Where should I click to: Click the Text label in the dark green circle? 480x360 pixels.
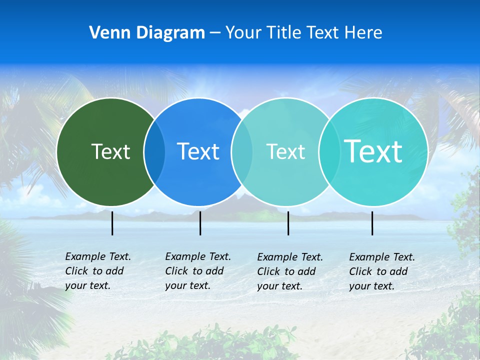click(x=110, y=151)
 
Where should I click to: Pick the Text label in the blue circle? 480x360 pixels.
click(x=198, y=151)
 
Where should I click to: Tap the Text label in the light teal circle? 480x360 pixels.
click(x=285, y=151)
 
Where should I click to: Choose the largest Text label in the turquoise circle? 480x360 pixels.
click(x=373, y=151)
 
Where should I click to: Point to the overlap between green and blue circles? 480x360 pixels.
click(x=154, y=152)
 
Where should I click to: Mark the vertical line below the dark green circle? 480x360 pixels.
click(x=112, y=223)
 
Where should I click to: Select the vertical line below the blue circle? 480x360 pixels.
click(x=200, y=223)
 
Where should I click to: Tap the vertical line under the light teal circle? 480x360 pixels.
click(x=288, y=223)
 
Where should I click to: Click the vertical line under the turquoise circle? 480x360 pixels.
click(x=372, y=223)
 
